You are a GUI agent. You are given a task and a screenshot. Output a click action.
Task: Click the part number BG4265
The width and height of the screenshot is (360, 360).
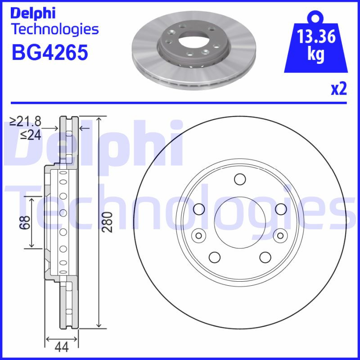click(49, 53)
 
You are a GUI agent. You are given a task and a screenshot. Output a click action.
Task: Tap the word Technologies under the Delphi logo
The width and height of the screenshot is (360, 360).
click(54, 30)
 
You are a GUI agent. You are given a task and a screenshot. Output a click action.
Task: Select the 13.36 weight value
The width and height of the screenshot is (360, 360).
click(316, 36)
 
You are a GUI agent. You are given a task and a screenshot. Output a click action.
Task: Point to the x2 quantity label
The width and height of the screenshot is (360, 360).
click(338, 89)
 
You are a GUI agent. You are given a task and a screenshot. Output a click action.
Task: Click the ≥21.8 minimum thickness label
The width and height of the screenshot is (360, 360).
click(26, 121)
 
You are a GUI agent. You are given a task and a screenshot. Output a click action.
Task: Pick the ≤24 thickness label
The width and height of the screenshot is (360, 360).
click(30, 135)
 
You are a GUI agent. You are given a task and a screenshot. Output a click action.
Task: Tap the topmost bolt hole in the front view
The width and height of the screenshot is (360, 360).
click(238, 179)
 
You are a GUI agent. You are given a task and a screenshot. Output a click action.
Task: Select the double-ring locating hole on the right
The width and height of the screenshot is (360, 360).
click(280, 235)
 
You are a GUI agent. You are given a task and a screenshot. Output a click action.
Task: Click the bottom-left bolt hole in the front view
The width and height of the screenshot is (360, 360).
click(215, 257)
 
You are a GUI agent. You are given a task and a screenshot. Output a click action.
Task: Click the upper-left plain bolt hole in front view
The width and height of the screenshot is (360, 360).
click(197, 209)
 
